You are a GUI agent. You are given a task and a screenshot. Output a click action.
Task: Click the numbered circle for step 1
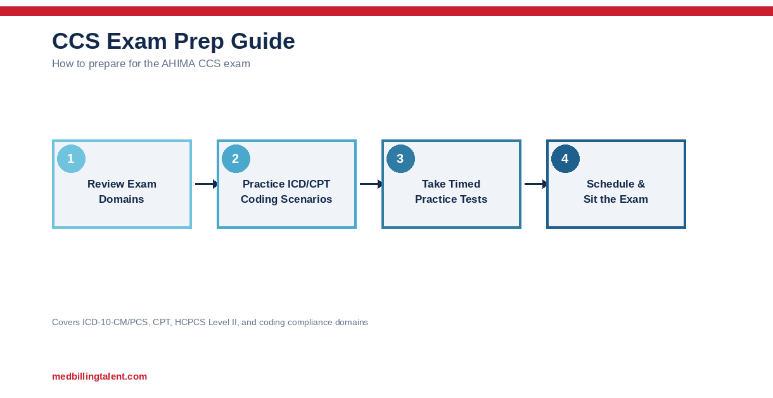coord(71,159)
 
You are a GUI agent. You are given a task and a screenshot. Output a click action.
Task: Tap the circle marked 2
coord(236,159)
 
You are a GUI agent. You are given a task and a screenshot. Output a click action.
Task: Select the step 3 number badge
coord(400,159)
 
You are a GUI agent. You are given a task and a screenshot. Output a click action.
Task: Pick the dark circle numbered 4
coord(565,159)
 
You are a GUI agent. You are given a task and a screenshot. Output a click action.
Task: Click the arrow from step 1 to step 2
coord(206,184)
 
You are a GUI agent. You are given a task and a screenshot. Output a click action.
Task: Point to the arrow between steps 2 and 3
coord(371,184)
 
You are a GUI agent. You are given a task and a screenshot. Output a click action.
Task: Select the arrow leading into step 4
coord(535,184)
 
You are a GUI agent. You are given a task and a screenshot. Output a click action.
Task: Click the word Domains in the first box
coord(122,199)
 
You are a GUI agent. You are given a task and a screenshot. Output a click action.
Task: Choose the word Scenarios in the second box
coord(306,199)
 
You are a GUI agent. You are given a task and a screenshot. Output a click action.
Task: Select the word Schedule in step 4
coord(610,184)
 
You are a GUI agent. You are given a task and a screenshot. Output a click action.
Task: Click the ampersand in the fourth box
coord(641,184)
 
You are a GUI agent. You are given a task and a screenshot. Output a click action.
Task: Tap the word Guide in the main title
coord(262,41)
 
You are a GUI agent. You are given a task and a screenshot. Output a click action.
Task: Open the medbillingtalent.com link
coord(99,376)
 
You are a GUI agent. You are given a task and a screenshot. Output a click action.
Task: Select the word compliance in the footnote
coord(310,322)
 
